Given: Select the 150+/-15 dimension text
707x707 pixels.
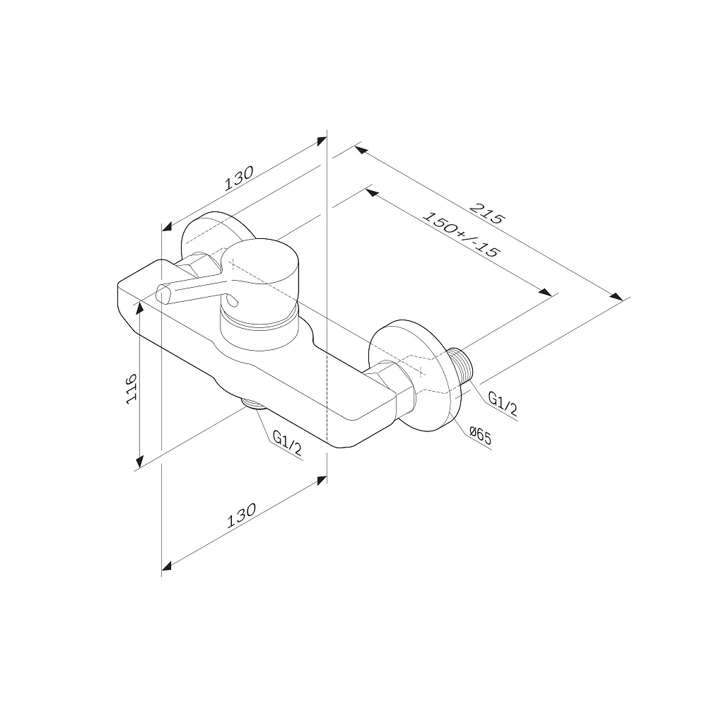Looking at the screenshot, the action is tap(461, 235).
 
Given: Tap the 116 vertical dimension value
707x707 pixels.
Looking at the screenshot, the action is tap(132, 388).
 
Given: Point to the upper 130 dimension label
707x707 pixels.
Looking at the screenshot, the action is tap(239, 179).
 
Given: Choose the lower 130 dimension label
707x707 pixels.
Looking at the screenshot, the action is tap(241, 515).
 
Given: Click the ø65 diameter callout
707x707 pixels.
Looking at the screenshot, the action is tap(480, 436).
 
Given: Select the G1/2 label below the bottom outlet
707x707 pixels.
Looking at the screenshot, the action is tap(287, 443).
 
